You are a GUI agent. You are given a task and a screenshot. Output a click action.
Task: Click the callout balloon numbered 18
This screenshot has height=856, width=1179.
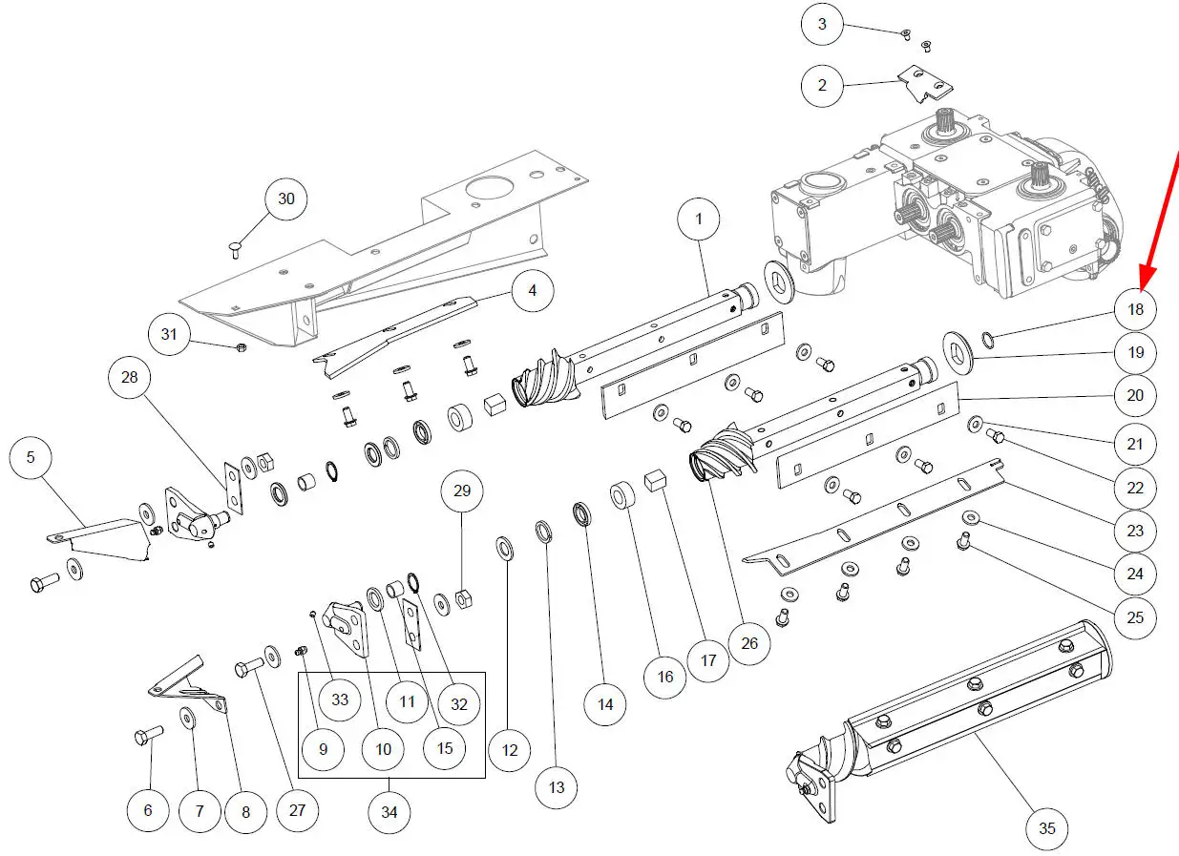1135,309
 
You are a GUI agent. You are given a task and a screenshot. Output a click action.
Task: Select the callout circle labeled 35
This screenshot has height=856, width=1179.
1047,827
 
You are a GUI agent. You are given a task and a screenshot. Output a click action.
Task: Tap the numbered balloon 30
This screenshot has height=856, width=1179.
286,199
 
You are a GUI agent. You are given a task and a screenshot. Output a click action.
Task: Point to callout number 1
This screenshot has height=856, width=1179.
699,219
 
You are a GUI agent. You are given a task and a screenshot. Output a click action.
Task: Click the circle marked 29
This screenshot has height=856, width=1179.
462,492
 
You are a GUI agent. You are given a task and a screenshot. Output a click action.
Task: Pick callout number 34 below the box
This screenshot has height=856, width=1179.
389,812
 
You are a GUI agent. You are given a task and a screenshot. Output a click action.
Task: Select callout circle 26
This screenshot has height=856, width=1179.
749,643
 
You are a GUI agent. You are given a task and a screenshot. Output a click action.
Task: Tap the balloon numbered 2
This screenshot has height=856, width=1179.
822,85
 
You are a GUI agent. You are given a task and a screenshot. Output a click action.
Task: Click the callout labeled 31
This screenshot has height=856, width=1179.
170,334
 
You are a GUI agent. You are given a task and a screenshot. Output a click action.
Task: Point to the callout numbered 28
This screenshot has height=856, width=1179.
130,377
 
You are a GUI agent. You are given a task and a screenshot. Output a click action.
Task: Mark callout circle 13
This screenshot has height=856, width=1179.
557,787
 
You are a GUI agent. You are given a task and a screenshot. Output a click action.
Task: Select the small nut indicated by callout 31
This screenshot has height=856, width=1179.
242,346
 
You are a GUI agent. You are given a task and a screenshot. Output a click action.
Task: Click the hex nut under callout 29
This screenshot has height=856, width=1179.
461,598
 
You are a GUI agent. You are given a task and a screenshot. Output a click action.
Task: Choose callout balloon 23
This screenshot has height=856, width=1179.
1135,531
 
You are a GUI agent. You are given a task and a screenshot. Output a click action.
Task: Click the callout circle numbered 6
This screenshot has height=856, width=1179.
148,810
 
